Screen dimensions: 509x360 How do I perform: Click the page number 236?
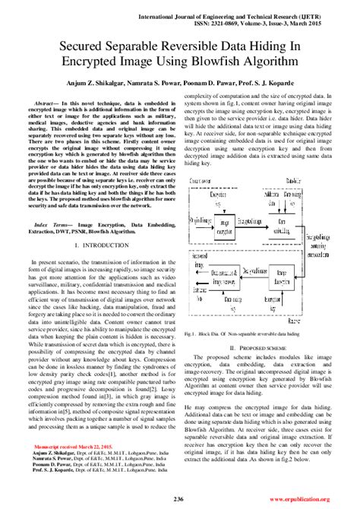tap(179, 498)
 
